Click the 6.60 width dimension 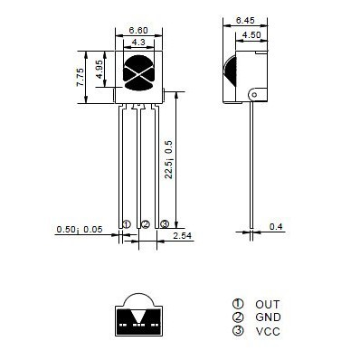(x=138, y=31)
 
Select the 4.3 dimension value (x=138, y=43)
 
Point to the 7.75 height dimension (x=81, y=78)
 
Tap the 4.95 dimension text (x=99, y=70)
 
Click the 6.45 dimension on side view (x=245, y=21)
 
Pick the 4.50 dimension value (x=251, y=35)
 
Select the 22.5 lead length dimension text (x=168, y=159)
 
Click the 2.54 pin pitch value (x=182, y=236)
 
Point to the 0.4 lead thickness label (x=276, y=226)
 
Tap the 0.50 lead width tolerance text (x=80, y=230)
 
